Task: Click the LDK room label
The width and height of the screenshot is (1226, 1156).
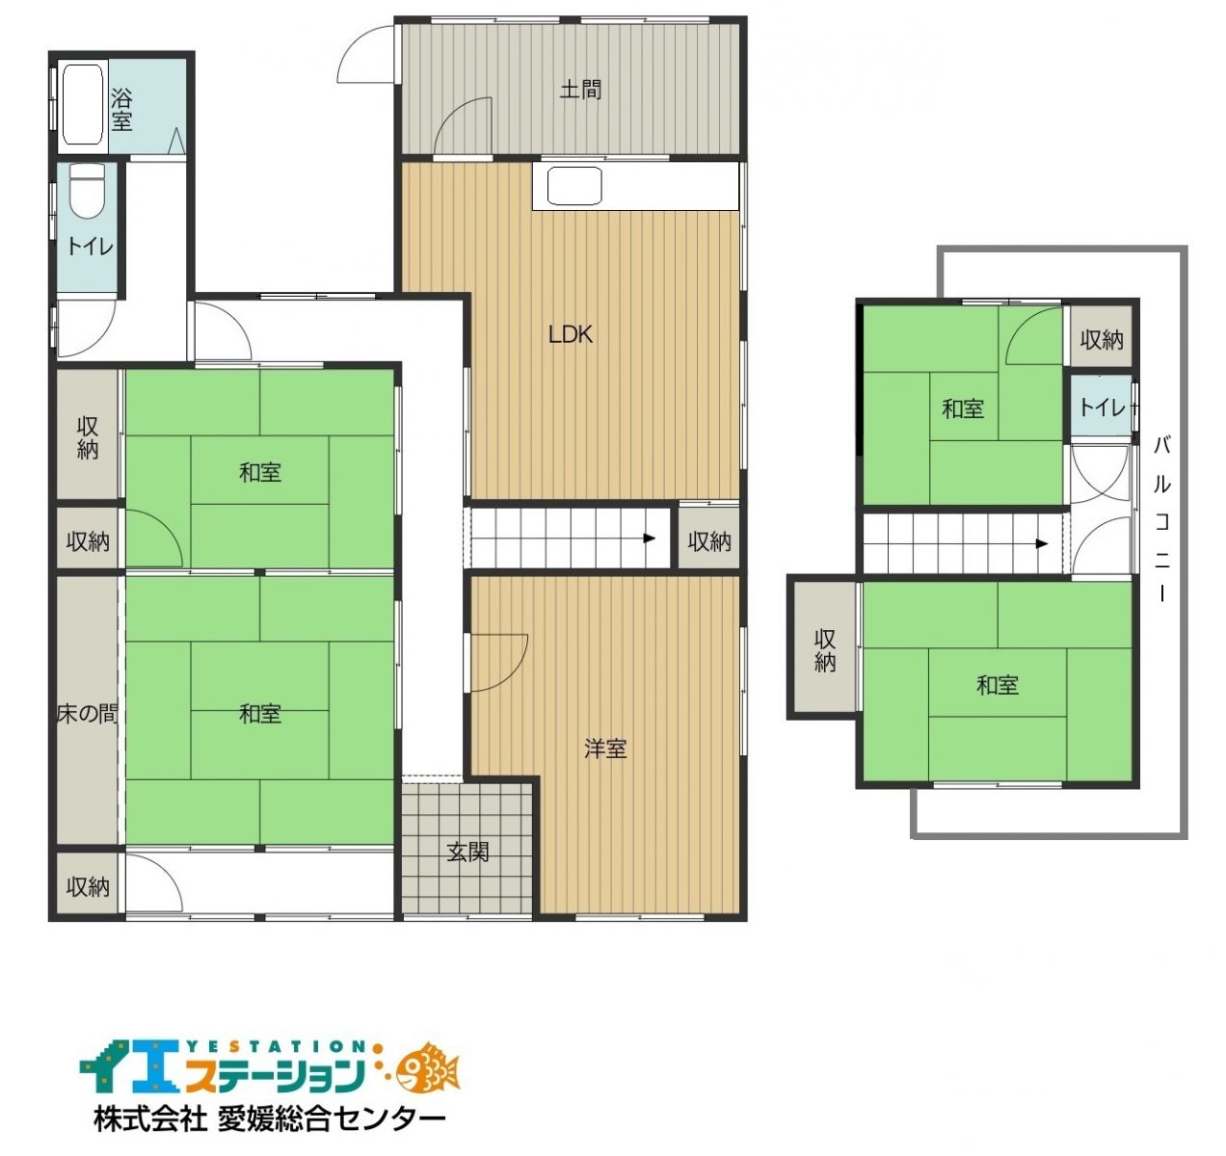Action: click(x=571, y=334)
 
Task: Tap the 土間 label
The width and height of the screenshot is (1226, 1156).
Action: click(x=581, y=91)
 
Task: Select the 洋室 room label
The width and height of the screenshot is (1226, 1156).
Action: click(x=605, y=749)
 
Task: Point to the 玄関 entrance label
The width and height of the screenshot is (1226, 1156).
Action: click(x=467, y=853)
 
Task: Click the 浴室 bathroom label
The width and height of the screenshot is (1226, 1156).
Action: click(x=121, y=110)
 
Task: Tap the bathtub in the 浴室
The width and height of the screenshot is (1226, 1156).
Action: click(x=82, y=105)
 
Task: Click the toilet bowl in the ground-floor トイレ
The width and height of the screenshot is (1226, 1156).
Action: click(x=87, y=191)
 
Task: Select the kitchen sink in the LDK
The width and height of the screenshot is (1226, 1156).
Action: click(x=574, y=185)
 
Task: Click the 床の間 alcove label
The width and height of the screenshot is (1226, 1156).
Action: click(x=87, y=714)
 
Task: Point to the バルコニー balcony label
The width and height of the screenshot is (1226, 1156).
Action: click(x=1161, y=519)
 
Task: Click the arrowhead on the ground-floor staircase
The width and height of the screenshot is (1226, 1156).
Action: click(x=650, y=539)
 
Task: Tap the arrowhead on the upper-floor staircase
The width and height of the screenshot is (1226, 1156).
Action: click(x=1042, y=543)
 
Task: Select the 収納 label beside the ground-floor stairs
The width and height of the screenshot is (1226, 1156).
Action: click(x=709, y=541)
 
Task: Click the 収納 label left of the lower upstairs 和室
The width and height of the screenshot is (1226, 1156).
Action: click(x=825, y=650)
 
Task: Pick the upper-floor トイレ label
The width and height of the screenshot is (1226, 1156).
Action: click(x=1102, y=407)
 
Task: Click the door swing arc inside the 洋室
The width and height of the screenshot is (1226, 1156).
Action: click(x=512, y=672)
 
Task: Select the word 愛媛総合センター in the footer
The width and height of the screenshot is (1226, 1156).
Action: click(x=331, y=1118)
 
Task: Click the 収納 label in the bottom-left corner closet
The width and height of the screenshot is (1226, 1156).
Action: click(x=88, y=887)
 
